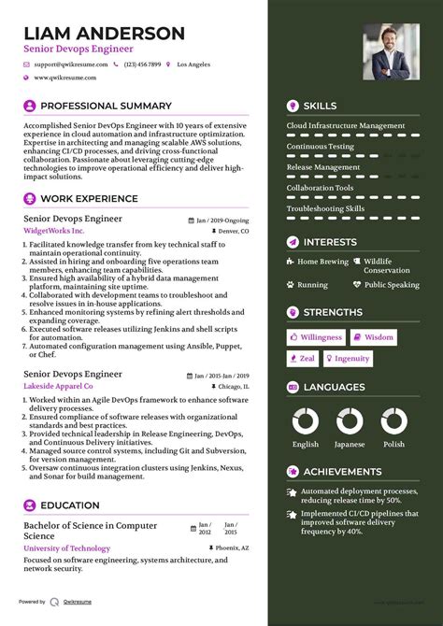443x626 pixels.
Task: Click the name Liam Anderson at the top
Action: pos(104,33)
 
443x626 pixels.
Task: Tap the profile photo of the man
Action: pos(391,50)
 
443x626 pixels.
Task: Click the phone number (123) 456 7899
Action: pos(142,64)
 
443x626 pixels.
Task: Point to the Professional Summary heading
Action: pos(106,106)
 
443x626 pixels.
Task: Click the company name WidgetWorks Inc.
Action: pos(54,230)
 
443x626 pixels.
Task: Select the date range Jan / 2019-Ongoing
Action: pos(222,221)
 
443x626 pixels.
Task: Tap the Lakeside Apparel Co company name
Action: pos(58,385)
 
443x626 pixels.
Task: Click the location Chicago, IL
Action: pos(233,385)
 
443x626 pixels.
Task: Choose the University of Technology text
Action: pos(66,548)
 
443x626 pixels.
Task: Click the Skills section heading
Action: pos(320,106)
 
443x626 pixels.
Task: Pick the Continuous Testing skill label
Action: pos(320,147)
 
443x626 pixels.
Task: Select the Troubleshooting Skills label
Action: pos(325,208)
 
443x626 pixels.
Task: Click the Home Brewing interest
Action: pos(322,262)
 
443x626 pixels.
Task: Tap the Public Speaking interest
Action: pos(392,285)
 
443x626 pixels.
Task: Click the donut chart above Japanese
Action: pos(350,420)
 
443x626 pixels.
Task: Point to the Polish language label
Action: pos(393,445)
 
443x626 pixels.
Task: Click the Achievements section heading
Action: pos(342,472)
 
